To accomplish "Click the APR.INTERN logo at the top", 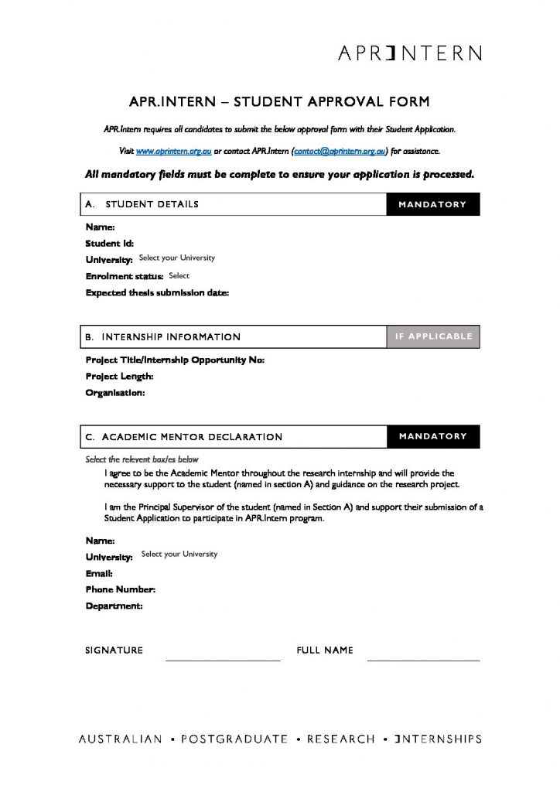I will pyautogui.click(x=410, y=53).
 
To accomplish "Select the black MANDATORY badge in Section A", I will pyautogui.click(x=432, y=204).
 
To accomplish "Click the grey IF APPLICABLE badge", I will pyautogui.click(x=432, y=336).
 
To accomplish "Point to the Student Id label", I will pyautogui.click(x=109, y=244).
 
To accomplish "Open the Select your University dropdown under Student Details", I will pyautogui.click(x=176, y=258).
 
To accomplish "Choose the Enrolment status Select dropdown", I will pyautogui.click(x=179, y=275).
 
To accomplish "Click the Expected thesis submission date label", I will pyautogui.click(x=157, y=293).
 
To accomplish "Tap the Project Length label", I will pyautogui.click(x=119, y=377).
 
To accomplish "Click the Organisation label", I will pyautogui.click(x=114, y=393).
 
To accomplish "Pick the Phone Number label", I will pyautogui.click(x=120, y=590).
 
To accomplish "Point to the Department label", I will pyautogui.click(x=114, y=606).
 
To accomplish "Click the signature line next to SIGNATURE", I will pyautogui.click(x=223, y=659).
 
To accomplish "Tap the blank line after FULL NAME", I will pyautogui.click(x=423, y=659).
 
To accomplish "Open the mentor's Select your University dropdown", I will pyautogui.click(x=179, y=555).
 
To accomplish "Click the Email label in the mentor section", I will pyautogui.click(x=99, y=574).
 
